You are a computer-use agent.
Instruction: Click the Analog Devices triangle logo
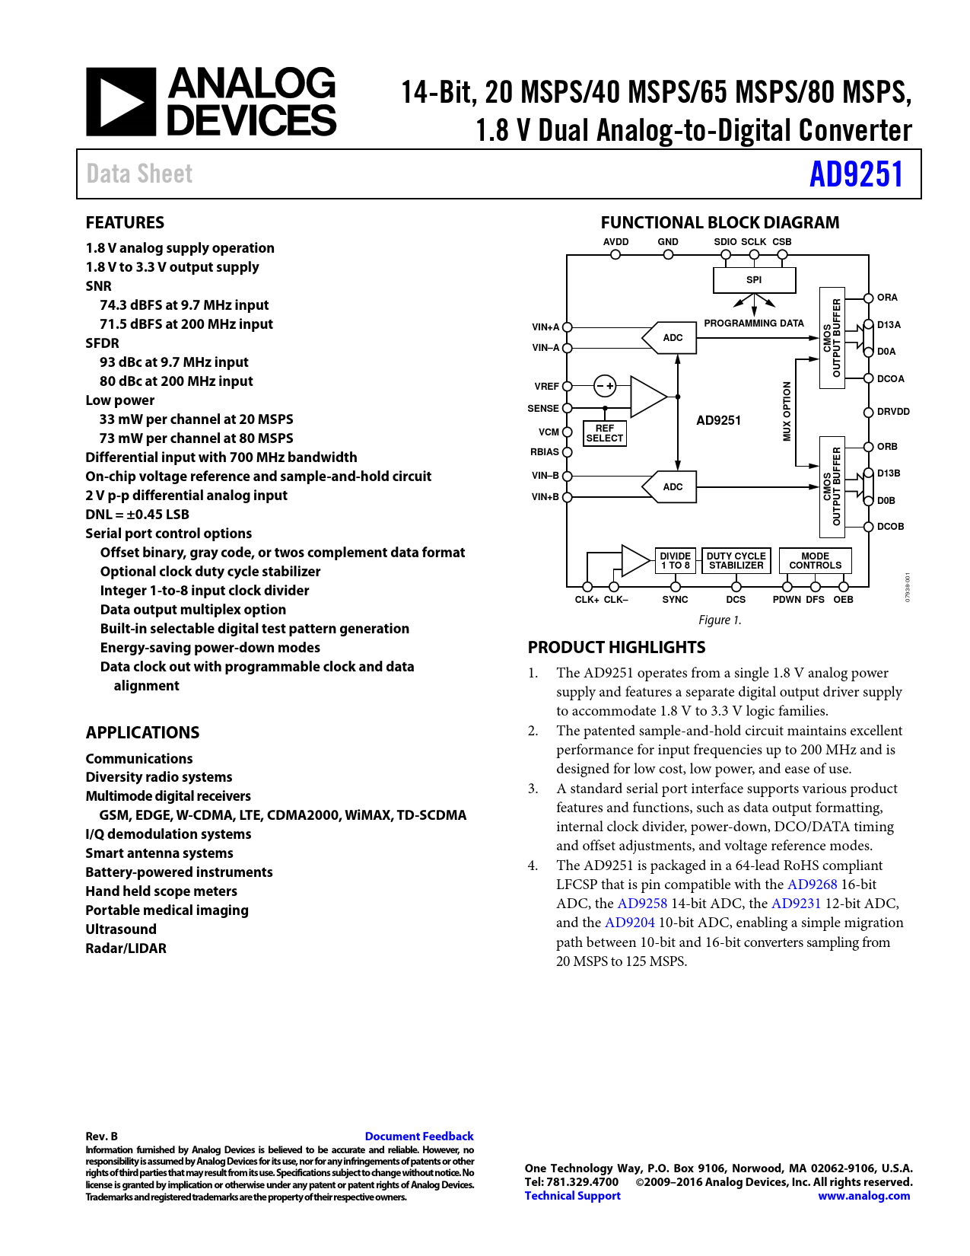[121, 102]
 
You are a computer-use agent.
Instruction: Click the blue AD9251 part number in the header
[856, 174]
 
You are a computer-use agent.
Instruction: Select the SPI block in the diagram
[754, 280]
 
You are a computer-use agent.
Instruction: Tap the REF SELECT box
[605, 433]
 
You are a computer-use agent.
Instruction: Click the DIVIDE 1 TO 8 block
[675, 561]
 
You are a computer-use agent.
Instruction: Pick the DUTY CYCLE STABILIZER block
[736, 561]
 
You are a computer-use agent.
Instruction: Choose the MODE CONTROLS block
[815, 561]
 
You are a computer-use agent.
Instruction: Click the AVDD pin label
[615, 242]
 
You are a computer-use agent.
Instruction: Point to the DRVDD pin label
[893, 412]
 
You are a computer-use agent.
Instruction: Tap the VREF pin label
[546, 387]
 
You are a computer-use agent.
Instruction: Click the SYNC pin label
[675, 600]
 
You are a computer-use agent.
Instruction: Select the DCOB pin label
[890, 527]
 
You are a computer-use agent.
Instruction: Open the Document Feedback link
[419, 1136]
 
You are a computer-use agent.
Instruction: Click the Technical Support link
[572, 1196]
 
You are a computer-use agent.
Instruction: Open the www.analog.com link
[863, 1196]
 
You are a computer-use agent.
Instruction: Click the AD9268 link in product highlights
[812, 885]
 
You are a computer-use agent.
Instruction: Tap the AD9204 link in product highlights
[629, 923]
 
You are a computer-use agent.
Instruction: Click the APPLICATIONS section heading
[142, 733]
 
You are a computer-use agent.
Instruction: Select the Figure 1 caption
[720, 620]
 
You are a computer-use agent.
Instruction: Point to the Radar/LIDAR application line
[126, 948]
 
